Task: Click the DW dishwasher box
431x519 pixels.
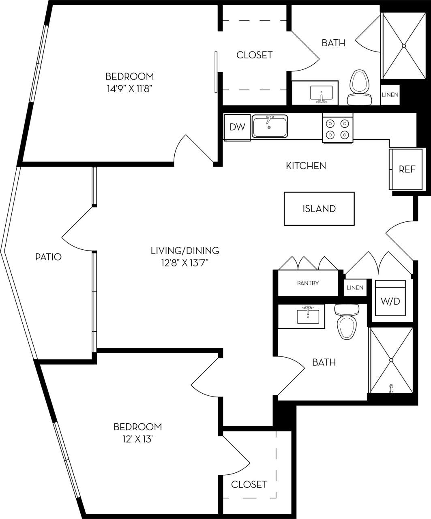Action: [237, 127]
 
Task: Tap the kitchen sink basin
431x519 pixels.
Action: [270, 127]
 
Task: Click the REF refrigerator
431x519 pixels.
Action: [406, 169]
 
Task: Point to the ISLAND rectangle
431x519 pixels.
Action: [319, 209]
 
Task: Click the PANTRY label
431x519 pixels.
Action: [308, 283]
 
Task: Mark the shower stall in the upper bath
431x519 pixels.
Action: [403, 46]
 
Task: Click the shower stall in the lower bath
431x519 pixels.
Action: [391, 360]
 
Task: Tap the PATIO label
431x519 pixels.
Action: [48, 257]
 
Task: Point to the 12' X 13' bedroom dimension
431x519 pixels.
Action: [137, 439]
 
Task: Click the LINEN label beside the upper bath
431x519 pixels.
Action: [390, 95]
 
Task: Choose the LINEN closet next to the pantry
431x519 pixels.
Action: [355, 288]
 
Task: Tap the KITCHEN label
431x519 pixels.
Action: [306, 166]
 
